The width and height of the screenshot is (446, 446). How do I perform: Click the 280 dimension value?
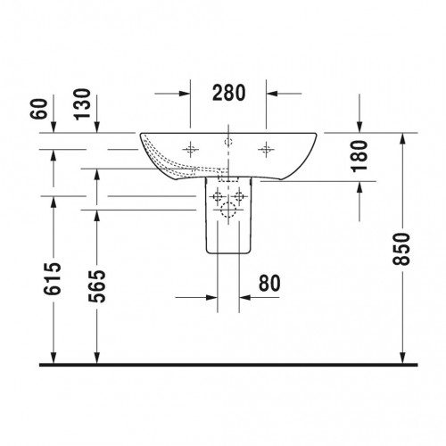[x=229, y=93]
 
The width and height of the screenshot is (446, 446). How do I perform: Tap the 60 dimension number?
[x=39, y=109]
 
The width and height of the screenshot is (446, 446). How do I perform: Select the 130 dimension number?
[x=82, y=104]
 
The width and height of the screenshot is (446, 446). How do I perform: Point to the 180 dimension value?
[x=359, y=156]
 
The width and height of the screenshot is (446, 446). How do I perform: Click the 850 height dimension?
[x=401, y=249]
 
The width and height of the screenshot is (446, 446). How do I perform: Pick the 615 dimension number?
[x=53, y=279]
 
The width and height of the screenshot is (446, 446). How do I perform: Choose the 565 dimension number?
[x=97, y=286]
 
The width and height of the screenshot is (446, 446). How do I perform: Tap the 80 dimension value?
[x=269, y=283]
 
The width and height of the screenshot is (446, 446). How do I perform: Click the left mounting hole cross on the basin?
[x=190, y=149]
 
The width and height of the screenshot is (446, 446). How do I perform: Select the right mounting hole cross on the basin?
[x=266, y=149]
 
